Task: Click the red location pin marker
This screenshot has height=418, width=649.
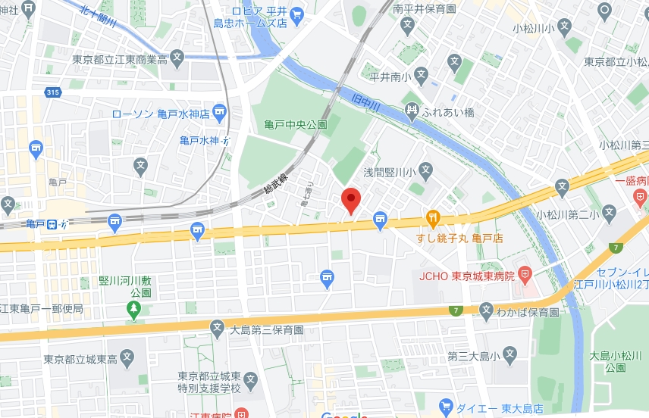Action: pyautogui.click(x=350, y=201)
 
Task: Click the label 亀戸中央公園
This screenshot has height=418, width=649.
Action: pyautogui.click(x=296, y=124)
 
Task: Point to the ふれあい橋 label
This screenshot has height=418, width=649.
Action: pyautogui.click(x=448, y=111)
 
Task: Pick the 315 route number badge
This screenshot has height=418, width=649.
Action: pyautogui.click(x=52, y=92)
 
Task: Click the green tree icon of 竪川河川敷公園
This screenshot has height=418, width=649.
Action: pyautogui.click(x=133, y=309)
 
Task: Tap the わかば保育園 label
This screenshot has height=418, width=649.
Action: pyautogui.click(x=528, y=311)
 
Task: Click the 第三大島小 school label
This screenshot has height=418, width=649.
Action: pyautogui.click(x=472, y=355)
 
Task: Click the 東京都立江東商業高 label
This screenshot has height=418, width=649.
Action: pyautogui.click(x=119, y=59)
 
